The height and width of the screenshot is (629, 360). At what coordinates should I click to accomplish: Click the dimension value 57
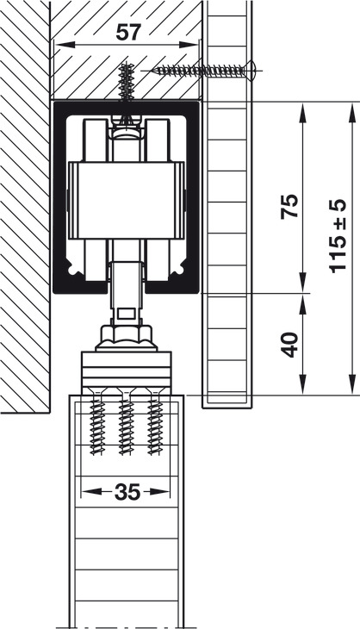[128, 33]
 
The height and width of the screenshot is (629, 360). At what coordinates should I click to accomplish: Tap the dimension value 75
[290, 206]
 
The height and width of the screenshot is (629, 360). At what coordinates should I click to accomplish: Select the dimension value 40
[290, 344]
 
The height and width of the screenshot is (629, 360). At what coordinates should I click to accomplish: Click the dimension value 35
[127, 492]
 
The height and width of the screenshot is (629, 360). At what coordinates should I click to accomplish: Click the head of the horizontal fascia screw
[251, 71]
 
